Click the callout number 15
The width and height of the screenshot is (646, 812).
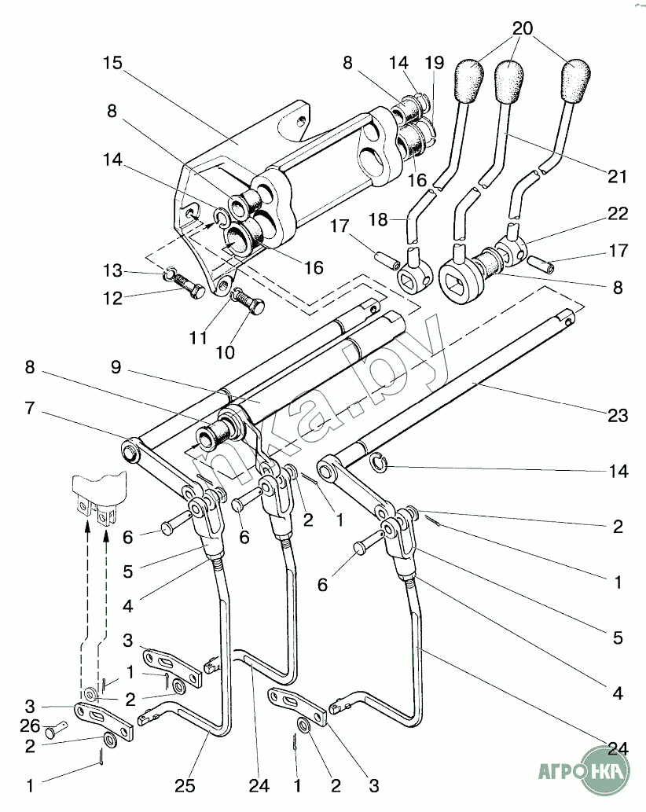[x=113, y=63]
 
